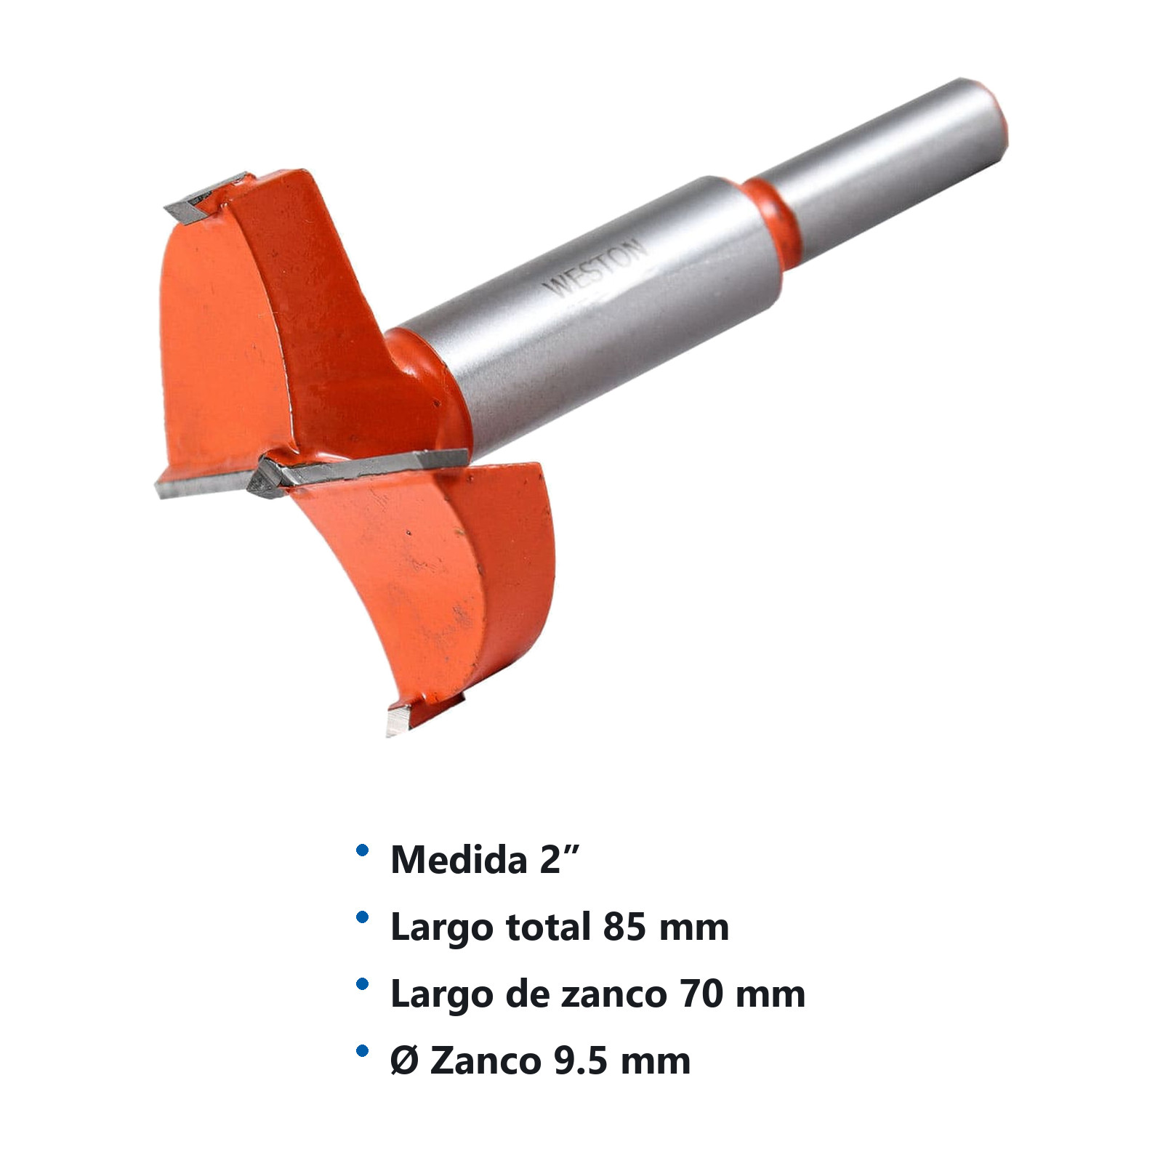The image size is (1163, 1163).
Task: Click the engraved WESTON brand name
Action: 595,267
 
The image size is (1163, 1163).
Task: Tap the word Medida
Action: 459,860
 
